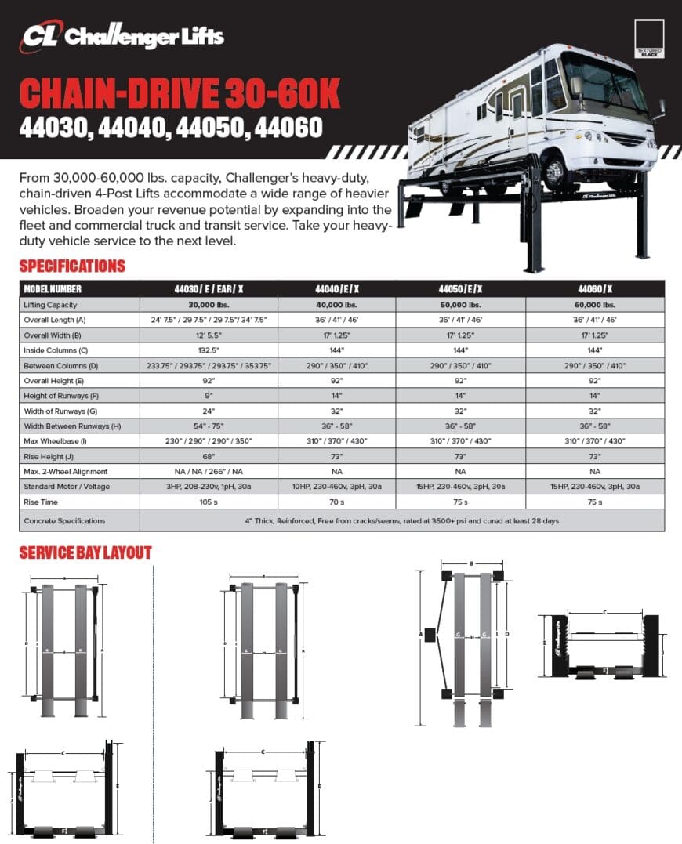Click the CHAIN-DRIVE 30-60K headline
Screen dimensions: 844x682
(x=180, y=94)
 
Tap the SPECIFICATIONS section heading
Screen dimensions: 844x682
(x=72, y=266)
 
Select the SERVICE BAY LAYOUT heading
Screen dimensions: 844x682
(x=85, y=552)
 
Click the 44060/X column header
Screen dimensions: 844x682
(x=597, y=289)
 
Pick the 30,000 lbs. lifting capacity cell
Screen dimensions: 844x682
(x=209, y=305)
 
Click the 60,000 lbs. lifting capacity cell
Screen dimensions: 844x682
(x=597, y=305)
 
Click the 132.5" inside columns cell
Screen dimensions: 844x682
(x=209, y=350)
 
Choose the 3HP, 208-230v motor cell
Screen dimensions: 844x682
(x=209, y=486)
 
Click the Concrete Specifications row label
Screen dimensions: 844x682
(x=64, y=520)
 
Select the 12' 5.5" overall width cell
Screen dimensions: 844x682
(x=209, y=335)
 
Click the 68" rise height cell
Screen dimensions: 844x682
(x=209, y=455)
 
